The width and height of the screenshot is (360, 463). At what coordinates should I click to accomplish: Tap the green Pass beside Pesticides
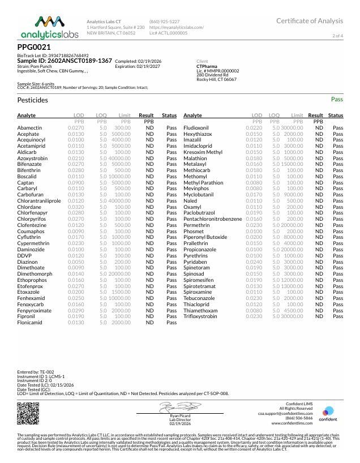337,99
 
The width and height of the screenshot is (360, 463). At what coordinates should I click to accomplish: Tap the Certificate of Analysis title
310,21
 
